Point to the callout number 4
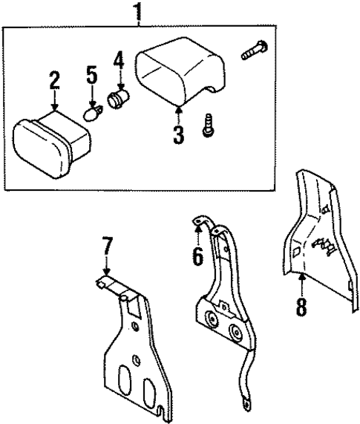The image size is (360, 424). tap(119, 60)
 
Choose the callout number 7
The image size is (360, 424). tap(107, 245)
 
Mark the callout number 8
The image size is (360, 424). tap(301, 305)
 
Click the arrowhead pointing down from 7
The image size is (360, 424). tap(107, 275)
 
